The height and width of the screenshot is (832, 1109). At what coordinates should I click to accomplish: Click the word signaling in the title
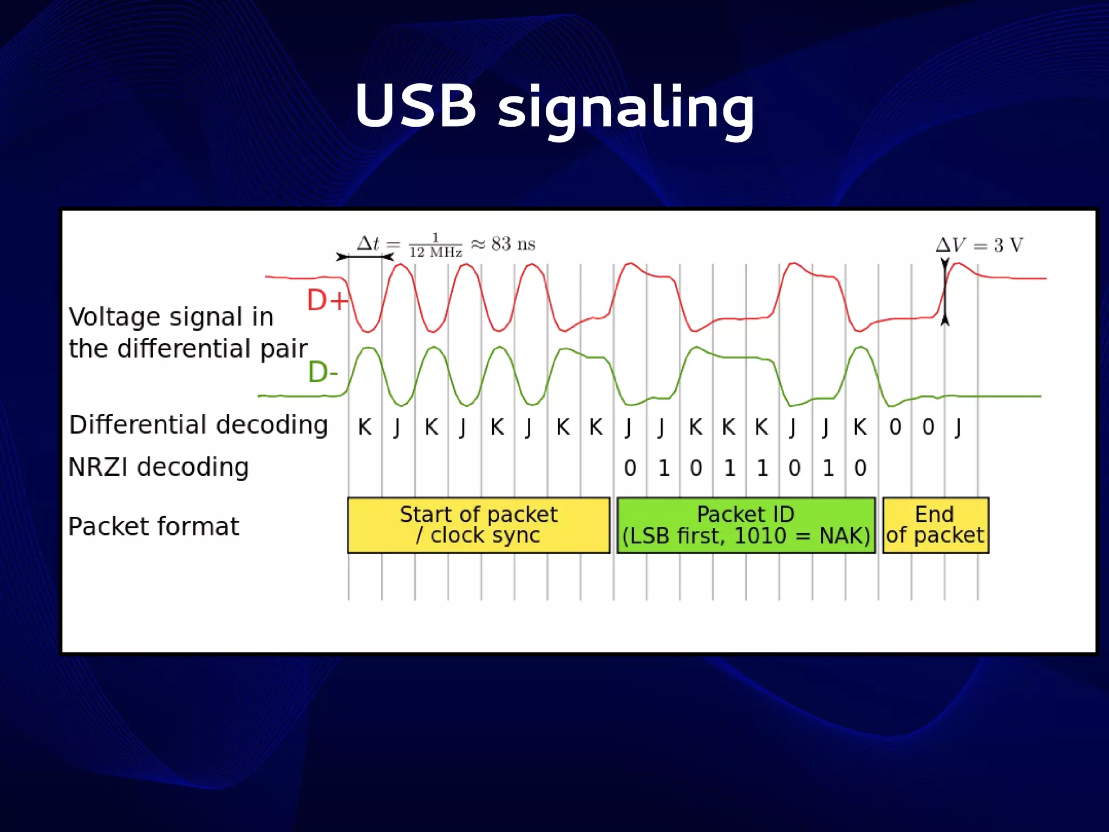[x=625, y=108]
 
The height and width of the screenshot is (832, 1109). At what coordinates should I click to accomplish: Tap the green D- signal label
[x=323, y=372]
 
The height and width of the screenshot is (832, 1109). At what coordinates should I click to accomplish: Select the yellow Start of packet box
[x=478, y=525]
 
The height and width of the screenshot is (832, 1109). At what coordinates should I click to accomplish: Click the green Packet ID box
[x=746, y=525]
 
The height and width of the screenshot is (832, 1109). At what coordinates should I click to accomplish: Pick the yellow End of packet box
[x=935, y=525]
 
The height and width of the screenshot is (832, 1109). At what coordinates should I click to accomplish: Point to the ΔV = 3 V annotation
[x=979, y=245]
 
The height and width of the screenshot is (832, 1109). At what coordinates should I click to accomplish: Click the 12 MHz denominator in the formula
[x=435, y=252]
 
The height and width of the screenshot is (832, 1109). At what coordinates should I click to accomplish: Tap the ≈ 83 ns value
[x=504, y=244]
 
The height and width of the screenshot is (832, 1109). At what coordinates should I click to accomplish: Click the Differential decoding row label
[x=198, y=425]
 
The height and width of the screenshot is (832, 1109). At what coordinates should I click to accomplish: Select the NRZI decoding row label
[x=158, y=467]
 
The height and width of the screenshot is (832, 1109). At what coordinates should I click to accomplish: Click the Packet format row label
[x=153, y=527]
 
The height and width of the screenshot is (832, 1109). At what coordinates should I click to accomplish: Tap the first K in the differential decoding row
[x=364, y=428]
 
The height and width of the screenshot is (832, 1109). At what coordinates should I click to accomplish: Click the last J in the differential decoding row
[x=958, y=428]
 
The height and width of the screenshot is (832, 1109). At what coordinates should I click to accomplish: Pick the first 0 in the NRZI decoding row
[x=630, y=468]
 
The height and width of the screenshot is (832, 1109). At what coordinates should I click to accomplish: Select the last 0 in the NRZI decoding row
[x=860, y=468]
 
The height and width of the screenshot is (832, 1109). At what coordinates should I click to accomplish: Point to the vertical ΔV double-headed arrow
[x=945, y=292]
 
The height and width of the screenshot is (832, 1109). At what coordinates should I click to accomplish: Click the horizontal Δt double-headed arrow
[x=364, y=257]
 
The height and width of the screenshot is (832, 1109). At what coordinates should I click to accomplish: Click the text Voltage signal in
[x=171, y=317]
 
